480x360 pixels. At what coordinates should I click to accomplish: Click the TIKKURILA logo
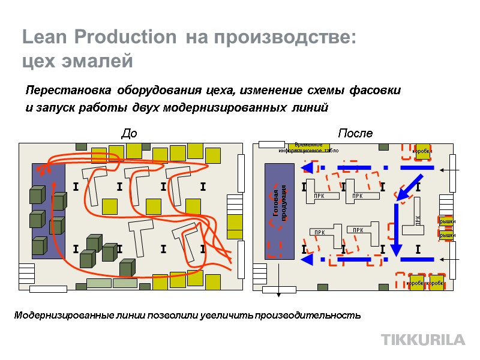click(x=423, y=340)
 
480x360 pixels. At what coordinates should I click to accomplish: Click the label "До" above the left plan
click(x=129, y=133)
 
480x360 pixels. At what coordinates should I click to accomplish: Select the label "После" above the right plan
click(x=355, y=133)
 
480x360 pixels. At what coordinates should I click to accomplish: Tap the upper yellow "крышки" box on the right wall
click(x=447, y=221)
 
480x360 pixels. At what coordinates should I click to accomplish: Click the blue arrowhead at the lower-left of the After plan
click(x=307, y=260)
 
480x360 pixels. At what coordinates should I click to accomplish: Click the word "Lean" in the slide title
click(x=46, y=37)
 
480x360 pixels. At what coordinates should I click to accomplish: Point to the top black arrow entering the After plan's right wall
click(x=450, y=170)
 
